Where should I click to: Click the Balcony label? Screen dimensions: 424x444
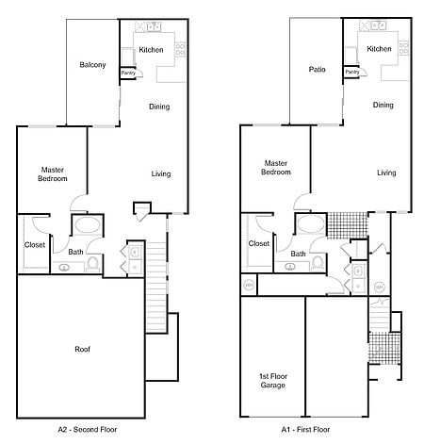pos(92,65)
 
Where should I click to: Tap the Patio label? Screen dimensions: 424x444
pos(317,69)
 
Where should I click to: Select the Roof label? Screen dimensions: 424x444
pos(83,349)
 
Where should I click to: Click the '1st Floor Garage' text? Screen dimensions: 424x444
pos(273,381)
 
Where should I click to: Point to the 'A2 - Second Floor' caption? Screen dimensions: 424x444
pos(88,429)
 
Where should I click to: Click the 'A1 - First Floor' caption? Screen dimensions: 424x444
pos(305,429)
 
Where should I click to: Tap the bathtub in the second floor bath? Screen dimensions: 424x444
pos(88,225)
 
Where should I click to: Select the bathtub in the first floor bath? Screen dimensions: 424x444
pos(311,224)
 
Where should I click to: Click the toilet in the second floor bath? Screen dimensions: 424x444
pos(93,264)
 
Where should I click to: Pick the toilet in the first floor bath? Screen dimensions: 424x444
pos(318,263)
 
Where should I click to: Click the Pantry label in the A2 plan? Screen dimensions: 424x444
pos(128,73)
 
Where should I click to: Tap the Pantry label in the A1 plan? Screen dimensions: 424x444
pos(352,72)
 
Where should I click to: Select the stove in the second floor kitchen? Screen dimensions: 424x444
pos(180,50)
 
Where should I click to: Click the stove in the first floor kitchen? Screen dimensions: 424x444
pos(403,48)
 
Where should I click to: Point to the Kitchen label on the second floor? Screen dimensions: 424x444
pos(151,50)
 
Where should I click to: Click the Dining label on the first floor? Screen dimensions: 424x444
pos(383,105)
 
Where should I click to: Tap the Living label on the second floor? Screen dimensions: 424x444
pos(161,173)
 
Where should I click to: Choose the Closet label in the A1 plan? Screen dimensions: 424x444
pos(259,243)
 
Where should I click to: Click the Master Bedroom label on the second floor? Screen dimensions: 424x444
pos(53,174)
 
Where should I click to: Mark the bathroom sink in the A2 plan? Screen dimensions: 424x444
pos(64,268)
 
